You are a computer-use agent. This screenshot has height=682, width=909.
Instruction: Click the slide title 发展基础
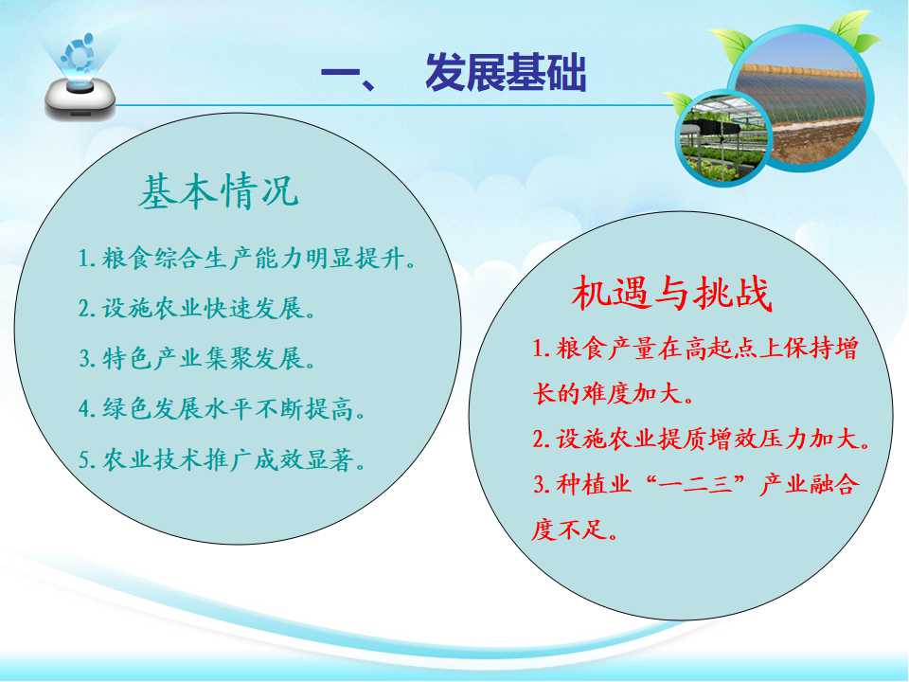506,73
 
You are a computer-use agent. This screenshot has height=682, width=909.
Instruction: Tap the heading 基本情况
219,190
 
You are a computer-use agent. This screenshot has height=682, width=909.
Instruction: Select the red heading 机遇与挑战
672,293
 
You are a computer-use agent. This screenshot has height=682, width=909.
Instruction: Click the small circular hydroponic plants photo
723,138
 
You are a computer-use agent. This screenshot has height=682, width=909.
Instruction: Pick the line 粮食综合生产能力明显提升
247,258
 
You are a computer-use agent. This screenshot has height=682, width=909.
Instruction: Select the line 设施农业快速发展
197,308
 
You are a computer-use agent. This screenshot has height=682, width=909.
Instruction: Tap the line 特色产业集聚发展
197,358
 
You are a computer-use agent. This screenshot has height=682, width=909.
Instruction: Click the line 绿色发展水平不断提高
223,409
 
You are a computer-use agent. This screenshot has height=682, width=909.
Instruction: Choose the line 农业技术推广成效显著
223,460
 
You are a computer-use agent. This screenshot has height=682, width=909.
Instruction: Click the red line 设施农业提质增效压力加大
702,439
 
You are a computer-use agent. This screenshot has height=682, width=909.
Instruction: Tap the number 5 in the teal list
84,460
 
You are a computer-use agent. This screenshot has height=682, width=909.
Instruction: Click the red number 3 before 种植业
539,485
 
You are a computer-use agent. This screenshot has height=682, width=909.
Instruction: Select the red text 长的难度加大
614,394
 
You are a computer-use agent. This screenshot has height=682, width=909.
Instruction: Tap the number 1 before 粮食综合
84,259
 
